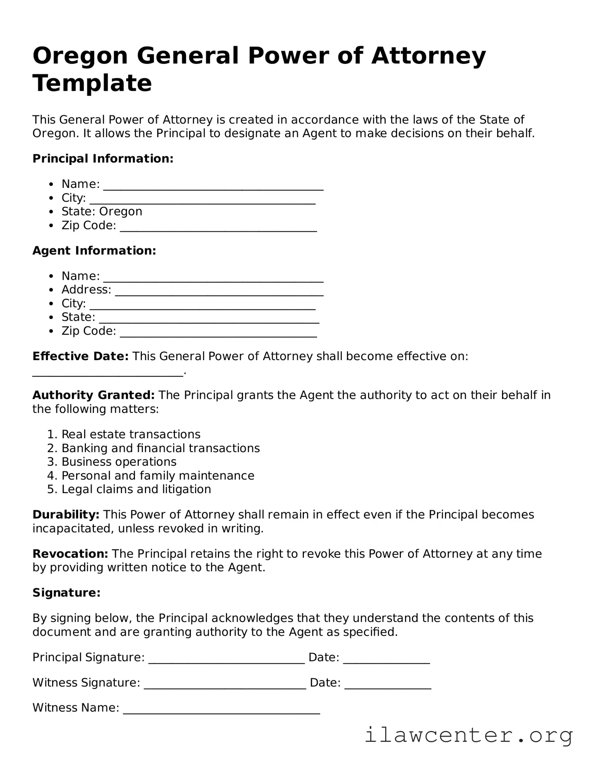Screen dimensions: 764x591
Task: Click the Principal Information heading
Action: [x=103, y=158]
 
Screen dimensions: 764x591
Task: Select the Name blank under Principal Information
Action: [x=213, y=186]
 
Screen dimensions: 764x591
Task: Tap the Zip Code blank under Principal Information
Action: [x=218, y=228]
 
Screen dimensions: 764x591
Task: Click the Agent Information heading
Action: [x=94, y=251]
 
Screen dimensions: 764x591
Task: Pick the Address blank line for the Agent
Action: [x=219, y=292]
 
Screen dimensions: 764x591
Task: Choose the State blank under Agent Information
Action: [x=209, y=320]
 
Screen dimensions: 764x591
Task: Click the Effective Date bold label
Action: [x=80, y=356]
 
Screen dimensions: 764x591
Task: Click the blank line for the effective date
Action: [x=108, y=373]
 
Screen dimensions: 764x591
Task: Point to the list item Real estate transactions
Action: [x=131, y=434]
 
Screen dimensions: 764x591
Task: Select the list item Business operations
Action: [x=119, y=462]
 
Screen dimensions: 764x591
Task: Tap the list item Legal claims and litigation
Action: [x=136, y=489]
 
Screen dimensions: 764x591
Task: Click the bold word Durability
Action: [x=66, y=515]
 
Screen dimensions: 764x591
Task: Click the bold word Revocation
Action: [x=70, y=554]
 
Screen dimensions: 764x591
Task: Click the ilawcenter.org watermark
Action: [x=469, y=736]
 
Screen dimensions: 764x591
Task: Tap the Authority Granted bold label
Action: [x=93, y=395]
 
